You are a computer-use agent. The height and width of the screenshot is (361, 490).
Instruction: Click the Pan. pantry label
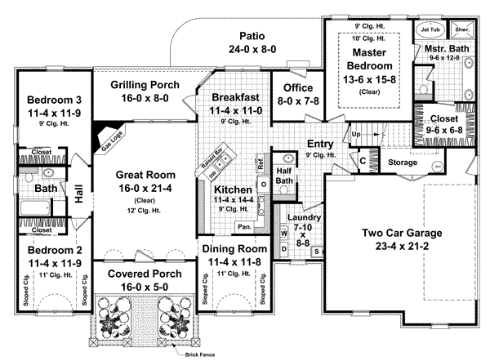tap(244, 226)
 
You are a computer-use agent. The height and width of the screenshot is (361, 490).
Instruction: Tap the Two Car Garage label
tap(394, 233)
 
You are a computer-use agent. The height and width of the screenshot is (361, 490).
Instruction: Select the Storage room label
tap(402, 162)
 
